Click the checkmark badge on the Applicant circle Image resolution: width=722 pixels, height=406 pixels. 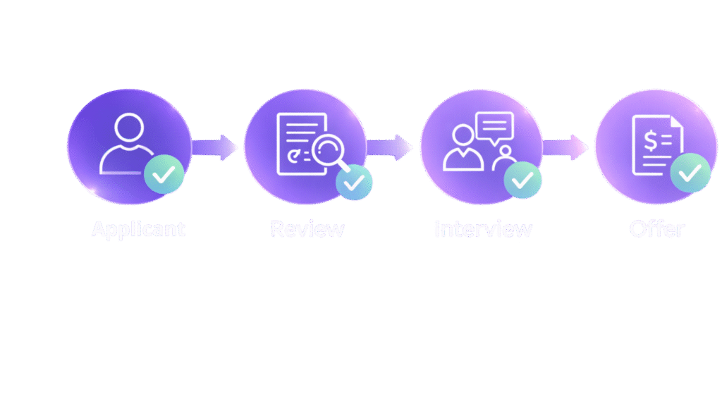164,176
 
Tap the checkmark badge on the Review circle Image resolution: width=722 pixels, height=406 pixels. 353,183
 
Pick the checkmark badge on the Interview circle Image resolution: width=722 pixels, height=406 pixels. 522,180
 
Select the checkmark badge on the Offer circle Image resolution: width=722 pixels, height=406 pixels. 690,173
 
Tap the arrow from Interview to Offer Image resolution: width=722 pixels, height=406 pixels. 566,148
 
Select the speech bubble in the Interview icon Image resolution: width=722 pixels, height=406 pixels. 495,127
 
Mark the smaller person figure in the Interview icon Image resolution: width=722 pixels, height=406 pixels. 503,159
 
